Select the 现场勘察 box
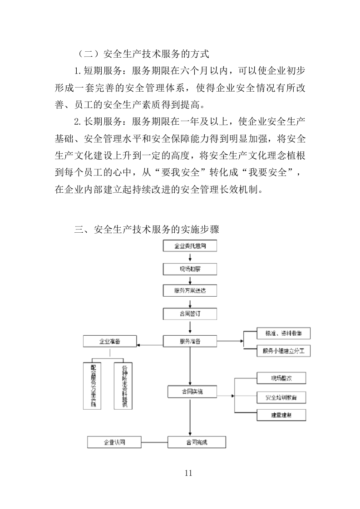(x=190, y=269)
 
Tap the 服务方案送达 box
(x=190, y=291)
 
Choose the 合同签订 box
(x=190, y=313)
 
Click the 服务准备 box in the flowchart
(x=190, y=341)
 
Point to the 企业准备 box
(x=110, y=341)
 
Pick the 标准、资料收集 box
(x=284, y=333)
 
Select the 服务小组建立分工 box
(x=284, y=351)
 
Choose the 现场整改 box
(x=281, y=378)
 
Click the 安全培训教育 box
(x=281, y=397)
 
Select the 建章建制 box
(x=281, y=415)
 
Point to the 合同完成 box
(x=196, y=442)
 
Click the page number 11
(x=189, y=473)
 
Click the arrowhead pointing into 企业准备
(x=140, y=345)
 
